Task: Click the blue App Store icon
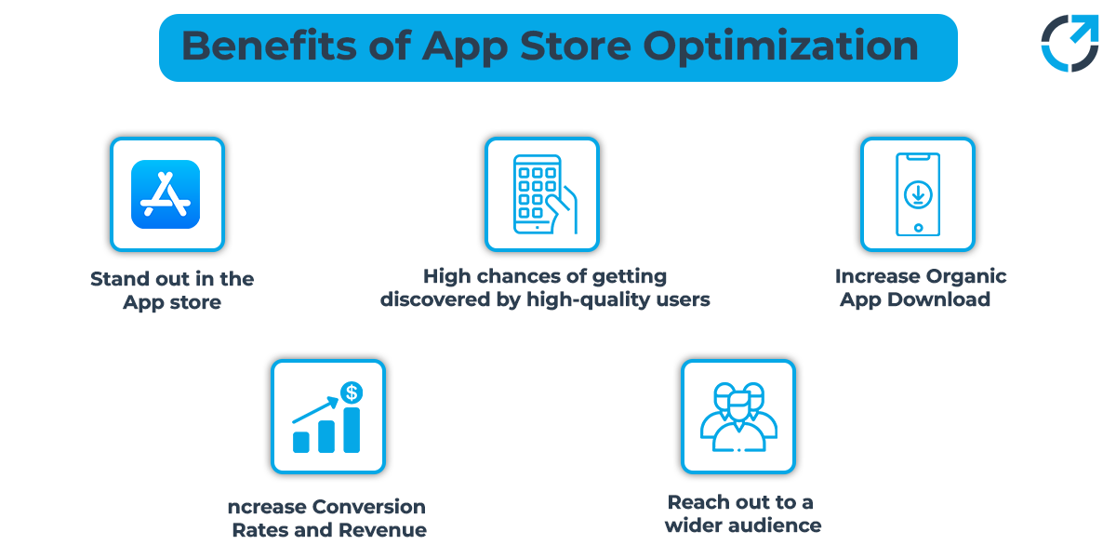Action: [166, 194]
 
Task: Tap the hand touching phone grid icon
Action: [544, 194]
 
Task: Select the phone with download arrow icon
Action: [918, 194]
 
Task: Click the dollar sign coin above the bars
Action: [352, 393]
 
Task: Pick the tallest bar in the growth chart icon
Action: [352, 429]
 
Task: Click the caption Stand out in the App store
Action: [172, 290]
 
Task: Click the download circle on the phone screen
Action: [918, 194]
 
